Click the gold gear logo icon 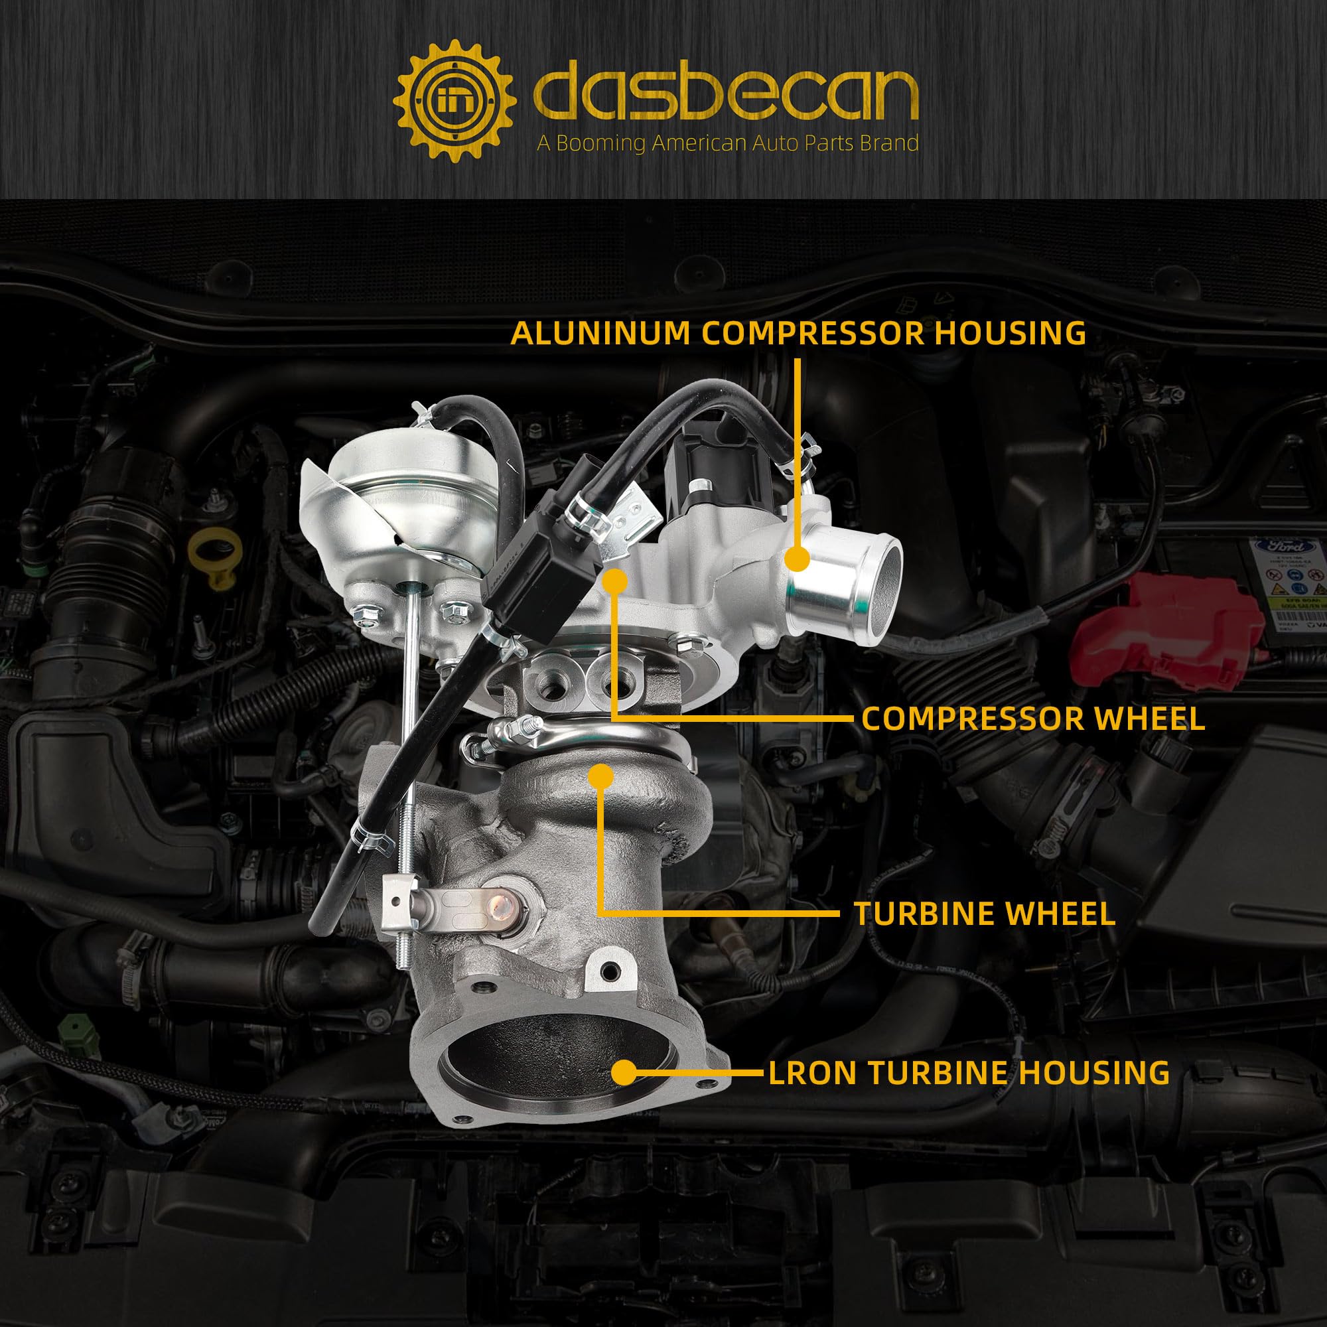click(x=454, y=101)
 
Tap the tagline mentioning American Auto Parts click(x=728, y=143)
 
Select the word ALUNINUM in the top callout click(x=600, y=333)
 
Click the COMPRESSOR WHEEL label click(x=1034, y=719)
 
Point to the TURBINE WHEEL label click(x=985, y=914)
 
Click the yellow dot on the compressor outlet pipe click(x=797, y=559)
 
